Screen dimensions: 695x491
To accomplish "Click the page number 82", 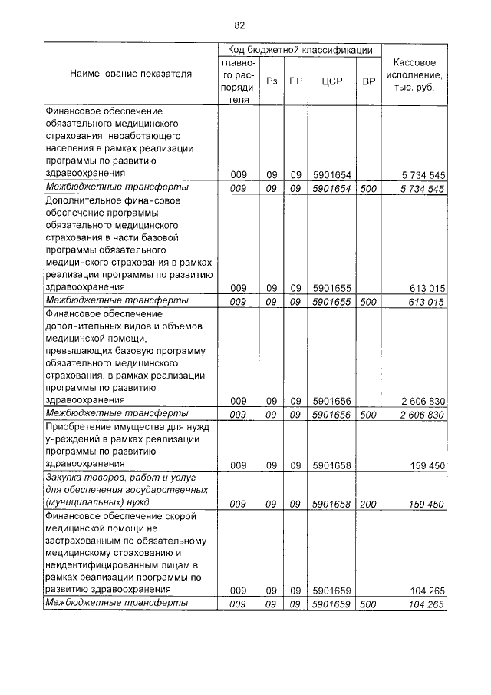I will pos(239,25).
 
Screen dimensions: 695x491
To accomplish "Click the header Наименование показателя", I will pos(131,74).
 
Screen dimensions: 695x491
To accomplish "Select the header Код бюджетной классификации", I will pos(296,49).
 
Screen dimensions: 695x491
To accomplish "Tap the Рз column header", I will pos(272,81).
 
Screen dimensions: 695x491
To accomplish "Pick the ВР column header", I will pos(369,81).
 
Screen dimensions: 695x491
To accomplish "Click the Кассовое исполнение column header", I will pos(414,74).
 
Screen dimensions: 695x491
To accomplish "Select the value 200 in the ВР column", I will pos(369,504).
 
